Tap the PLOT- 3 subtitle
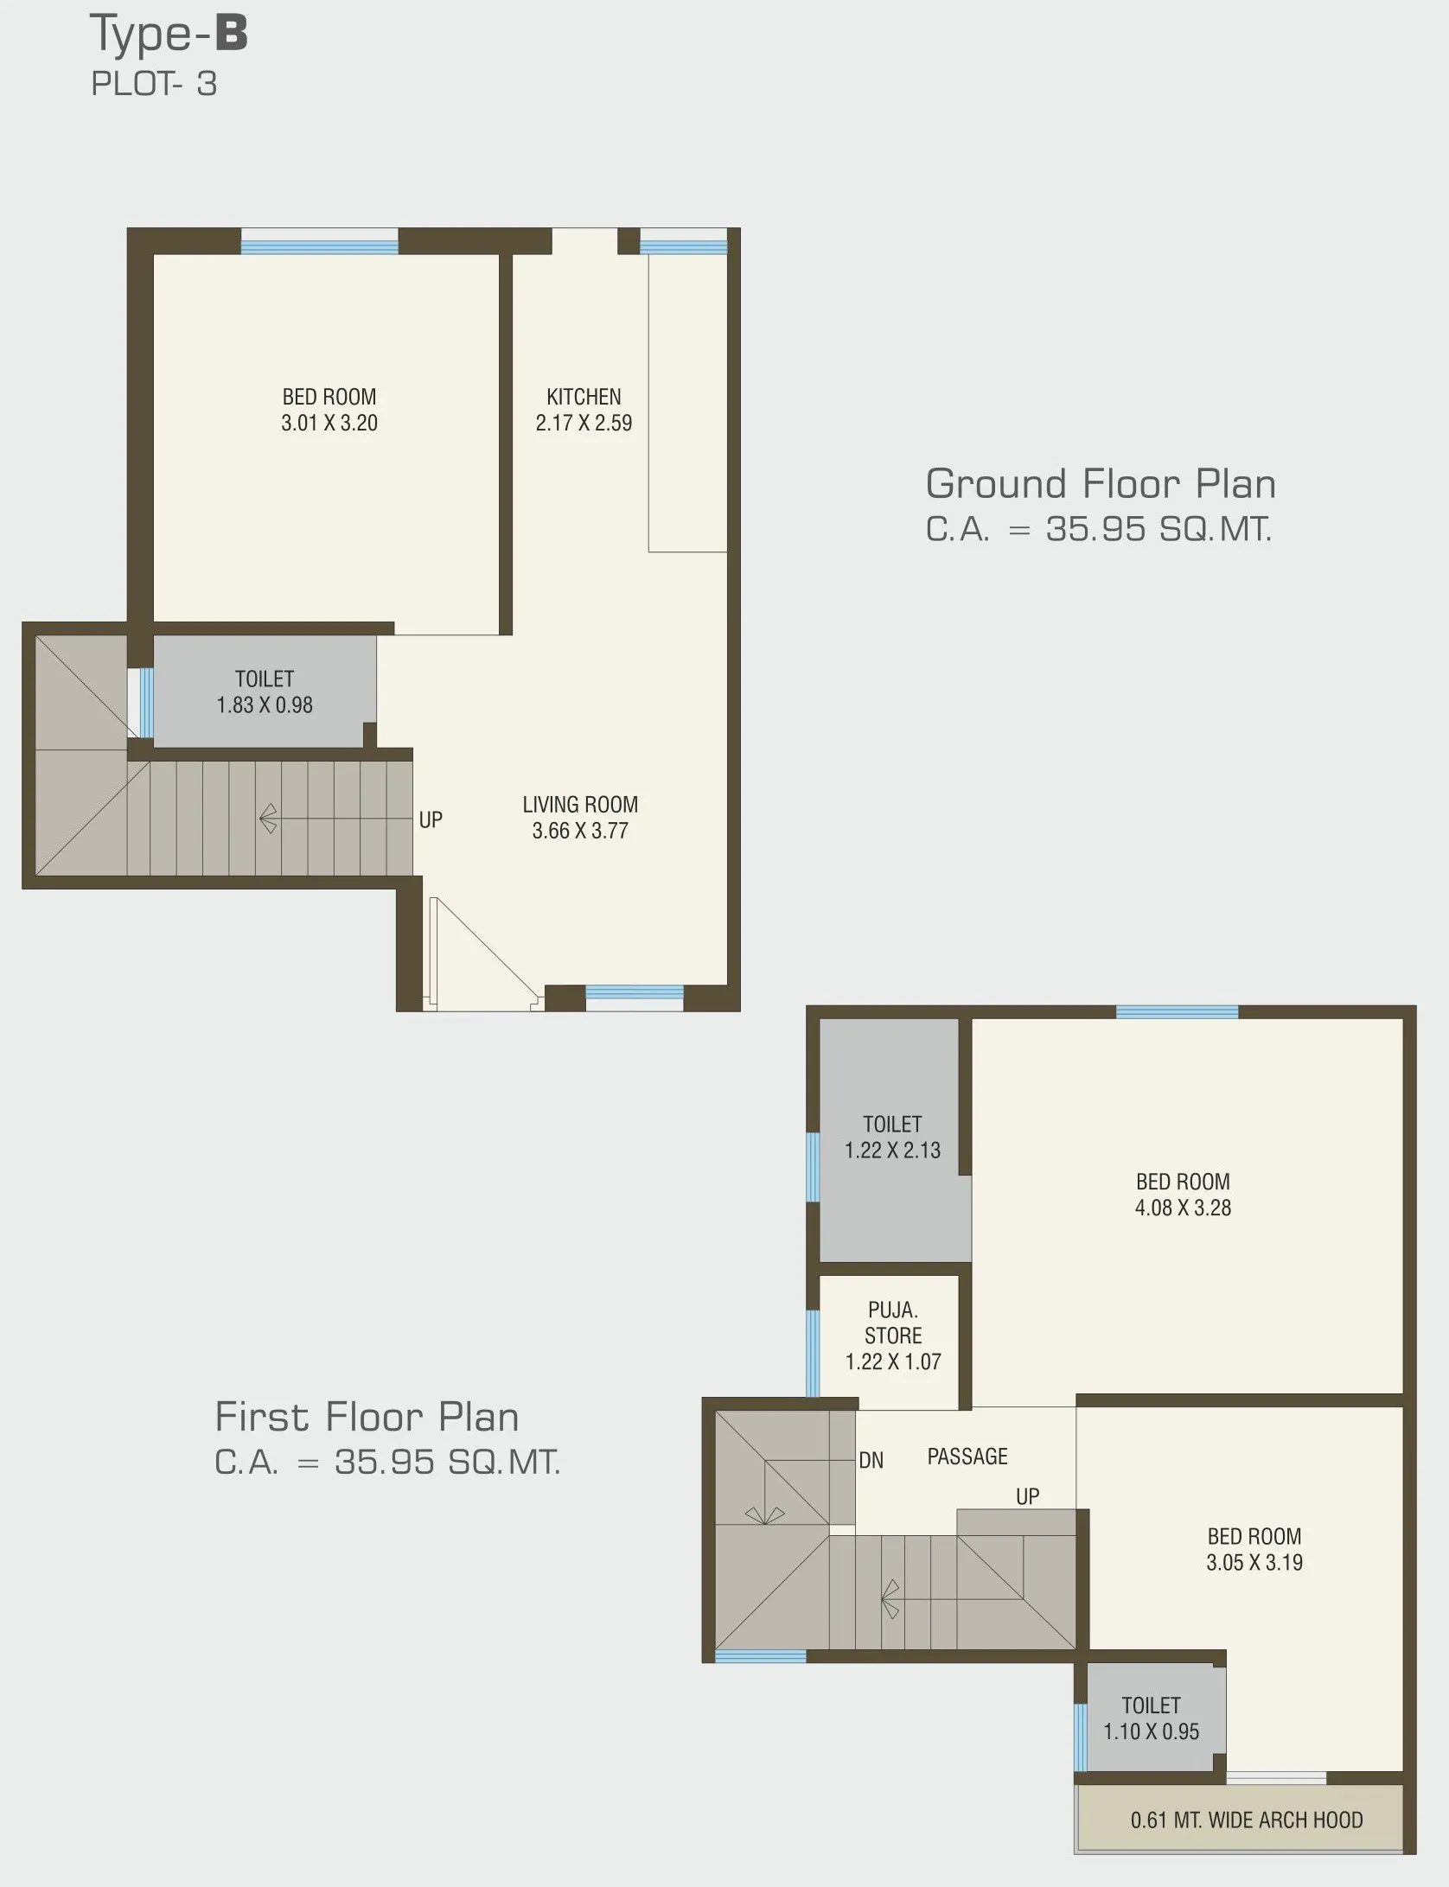coord(154,84)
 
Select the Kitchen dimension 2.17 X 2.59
coord(584,423)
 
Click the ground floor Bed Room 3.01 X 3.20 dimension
coord(329,423)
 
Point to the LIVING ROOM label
coord(580,805)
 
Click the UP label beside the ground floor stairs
coord(431,819)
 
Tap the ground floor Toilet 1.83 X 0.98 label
coord(265,692)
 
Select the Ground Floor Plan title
coord(1101,483)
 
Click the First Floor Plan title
coord(367,1417)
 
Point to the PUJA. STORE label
coord(893,1323)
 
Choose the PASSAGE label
coord(967,1457)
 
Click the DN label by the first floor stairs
coord(871,1461)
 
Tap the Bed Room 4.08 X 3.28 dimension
coord(1183,1208)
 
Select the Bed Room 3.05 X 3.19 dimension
coord(1254,1562)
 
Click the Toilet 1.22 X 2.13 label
coord(892,1137)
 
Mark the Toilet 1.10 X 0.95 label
coord(1151,1718)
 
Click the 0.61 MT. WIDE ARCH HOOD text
coord(1247,1820)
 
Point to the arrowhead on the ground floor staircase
coord(268,819)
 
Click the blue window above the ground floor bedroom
coord(319,247)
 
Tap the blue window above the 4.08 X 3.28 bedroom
coord(1177,1012)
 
